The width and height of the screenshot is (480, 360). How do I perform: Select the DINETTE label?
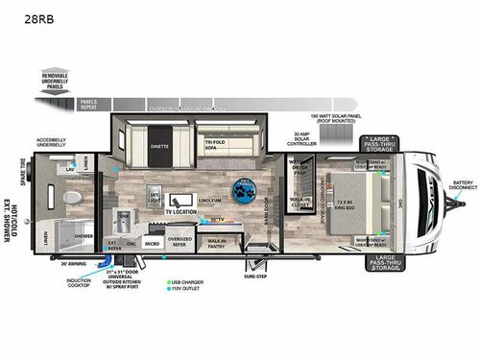tap(159, 147)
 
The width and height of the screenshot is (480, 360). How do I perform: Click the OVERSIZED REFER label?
tap(180, 242)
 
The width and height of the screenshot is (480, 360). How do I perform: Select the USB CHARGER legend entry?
tap(188, 282)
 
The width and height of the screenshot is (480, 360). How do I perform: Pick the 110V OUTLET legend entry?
tap(188, 290)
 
